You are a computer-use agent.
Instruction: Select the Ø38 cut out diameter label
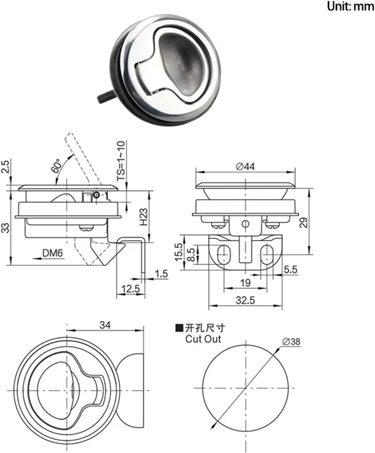(x=292, y=341)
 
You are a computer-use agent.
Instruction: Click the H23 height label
(x=143, y=217)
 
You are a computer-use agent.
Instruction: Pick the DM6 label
(x=52, y=253)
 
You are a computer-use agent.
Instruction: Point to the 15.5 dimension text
(x=179, y=252)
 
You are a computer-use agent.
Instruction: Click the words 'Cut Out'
(x=203, y=339)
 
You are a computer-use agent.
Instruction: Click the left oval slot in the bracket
(x=224, y=254)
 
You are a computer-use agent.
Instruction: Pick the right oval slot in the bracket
(x=267, y=254)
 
